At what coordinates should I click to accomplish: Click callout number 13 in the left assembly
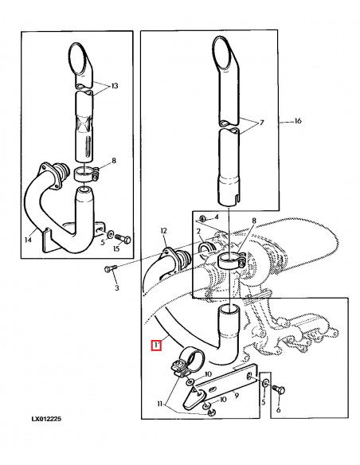click(x=114, y=85)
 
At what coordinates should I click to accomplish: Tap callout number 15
click(x=115, y=249)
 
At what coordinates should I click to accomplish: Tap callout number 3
click(x=116, y=287)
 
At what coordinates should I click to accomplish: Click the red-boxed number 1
click(x=157, y=346)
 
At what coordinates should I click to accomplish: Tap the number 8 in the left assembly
click(x=114, y=161)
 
